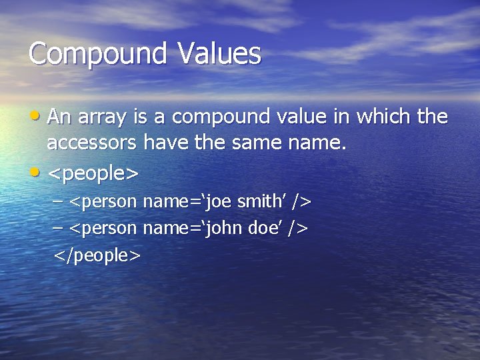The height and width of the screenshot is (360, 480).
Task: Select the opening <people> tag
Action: [93, 175]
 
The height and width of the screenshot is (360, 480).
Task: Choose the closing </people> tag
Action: [97, 255]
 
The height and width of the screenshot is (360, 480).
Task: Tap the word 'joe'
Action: [221, 201]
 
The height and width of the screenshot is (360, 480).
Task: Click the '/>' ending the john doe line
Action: [299, 229]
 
